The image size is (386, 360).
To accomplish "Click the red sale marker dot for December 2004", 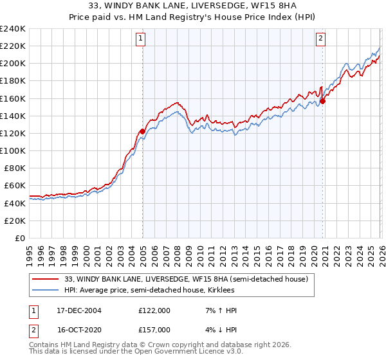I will coord(142,131).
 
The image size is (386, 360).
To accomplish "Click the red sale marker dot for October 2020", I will coord(323,100).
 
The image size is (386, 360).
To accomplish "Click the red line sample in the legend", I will coord(46,279).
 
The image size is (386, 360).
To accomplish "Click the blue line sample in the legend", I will coord(46,290).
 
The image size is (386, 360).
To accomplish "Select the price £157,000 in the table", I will coord(154,329).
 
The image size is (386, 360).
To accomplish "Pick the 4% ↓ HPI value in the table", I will coord(219,329).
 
